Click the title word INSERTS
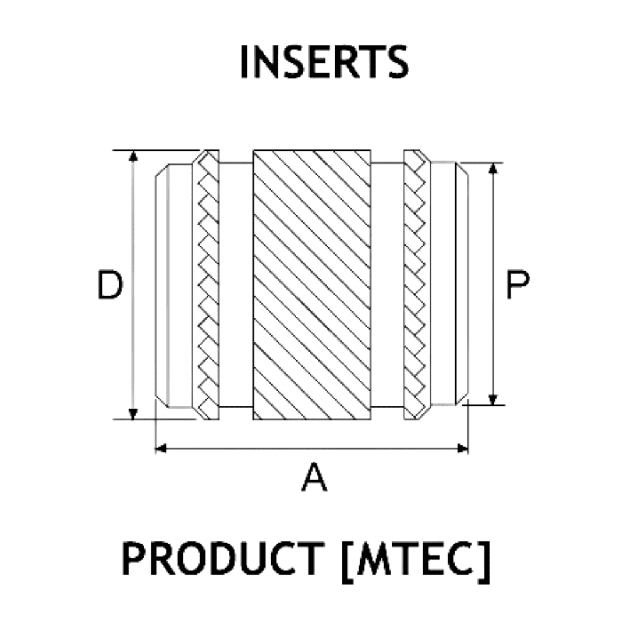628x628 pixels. coord(324,62)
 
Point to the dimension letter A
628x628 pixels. coord(314,477)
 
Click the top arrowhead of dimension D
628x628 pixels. coord(133,156)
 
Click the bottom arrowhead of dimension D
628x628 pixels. coord(133,414)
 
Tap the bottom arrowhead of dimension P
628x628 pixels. coord(494,399)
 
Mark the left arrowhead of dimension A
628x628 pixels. coord(161,448)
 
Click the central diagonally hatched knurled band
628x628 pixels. coord(311,284)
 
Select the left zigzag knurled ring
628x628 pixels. coord(206,284)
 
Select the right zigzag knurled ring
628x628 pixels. coord(415,284)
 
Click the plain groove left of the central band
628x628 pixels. coord(235,284)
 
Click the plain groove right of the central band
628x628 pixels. coord(386,284)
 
